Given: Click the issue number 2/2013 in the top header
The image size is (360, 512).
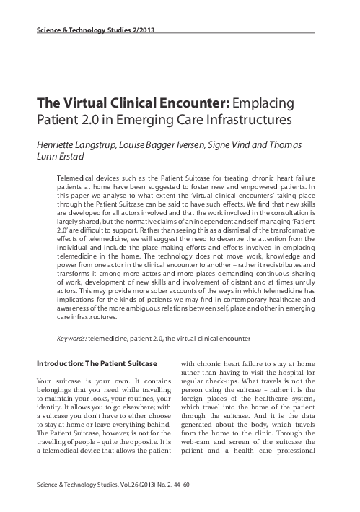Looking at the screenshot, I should tap(139, 30).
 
